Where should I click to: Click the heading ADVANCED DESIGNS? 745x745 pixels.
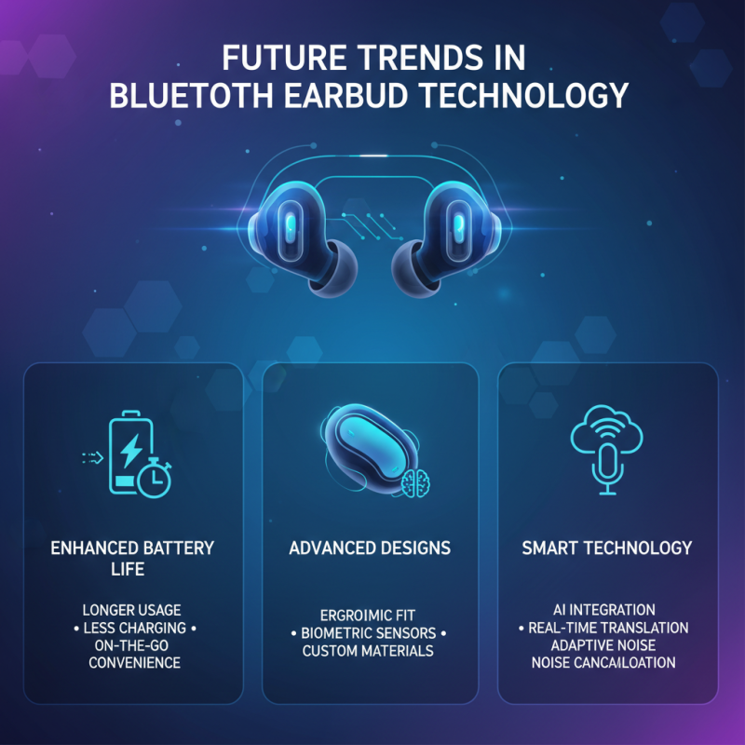click(370, 548)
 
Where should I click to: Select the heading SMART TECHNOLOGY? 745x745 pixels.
click(607, 548)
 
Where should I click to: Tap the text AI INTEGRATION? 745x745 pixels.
click(607, 610)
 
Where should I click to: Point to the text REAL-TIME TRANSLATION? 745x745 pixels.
click(608, 628)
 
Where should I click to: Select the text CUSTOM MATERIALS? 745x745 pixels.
click(368, 651)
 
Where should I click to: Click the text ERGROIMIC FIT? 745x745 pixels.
click(367, 616)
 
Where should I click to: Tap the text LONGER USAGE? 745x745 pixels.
click(132, 610)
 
